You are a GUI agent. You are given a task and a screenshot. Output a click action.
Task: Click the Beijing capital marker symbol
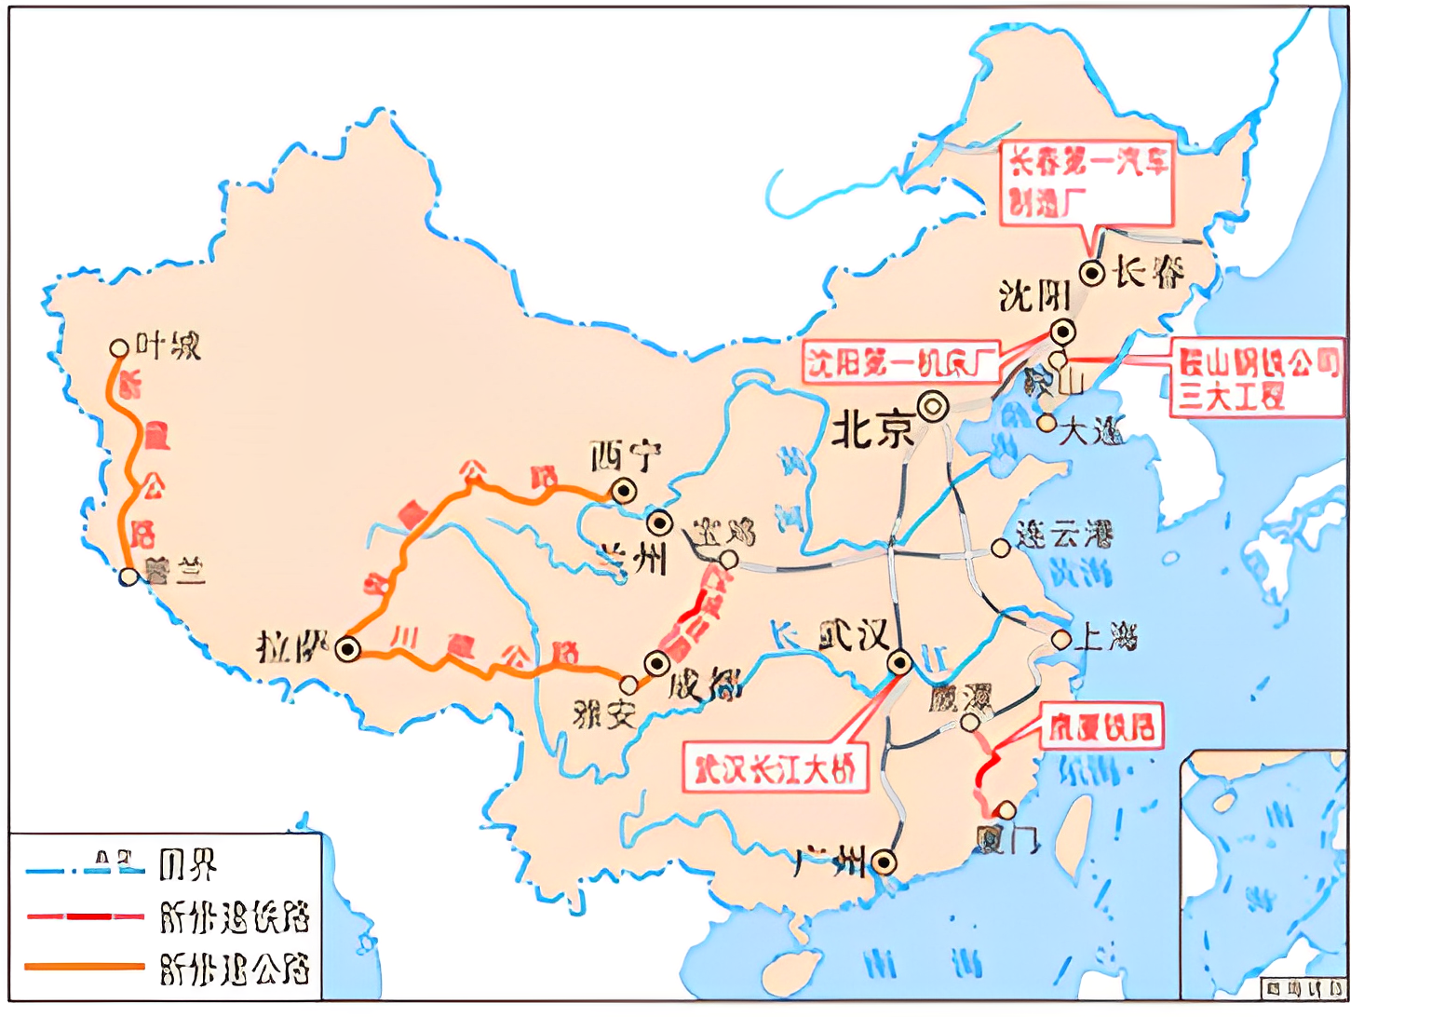[932, 407]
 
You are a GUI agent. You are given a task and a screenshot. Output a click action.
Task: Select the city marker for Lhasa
[348, 649]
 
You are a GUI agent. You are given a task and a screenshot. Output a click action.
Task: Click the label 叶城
[169, 346]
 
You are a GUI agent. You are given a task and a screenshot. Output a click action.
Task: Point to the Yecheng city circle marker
[118, 348]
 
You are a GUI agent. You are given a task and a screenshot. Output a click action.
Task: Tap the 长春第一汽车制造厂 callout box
[1087, 183]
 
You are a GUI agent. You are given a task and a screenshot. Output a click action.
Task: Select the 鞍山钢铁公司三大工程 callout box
[1257, 377]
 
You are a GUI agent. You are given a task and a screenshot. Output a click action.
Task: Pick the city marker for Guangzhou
[884, 862]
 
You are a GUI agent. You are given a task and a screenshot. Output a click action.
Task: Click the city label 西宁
[625, 456]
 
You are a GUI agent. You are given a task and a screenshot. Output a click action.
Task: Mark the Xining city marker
[623, 490]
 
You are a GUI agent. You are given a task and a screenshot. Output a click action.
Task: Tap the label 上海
[1106, 638]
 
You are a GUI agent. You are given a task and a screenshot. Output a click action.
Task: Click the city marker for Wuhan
[900, 662]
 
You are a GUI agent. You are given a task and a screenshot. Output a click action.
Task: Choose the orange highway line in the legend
[84, 967]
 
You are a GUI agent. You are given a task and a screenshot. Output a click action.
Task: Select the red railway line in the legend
[84, 916]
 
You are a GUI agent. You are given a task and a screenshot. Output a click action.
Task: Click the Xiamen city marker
[1006, 809]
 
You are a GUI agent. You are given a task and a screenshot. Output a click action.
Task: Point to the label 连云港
[1064, 536]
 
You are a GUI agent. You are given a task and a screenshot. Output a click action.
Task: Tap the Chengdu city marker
[656, 663]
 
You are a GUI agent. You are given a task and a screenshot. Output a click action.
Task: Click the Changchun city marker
[1092, 274]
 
